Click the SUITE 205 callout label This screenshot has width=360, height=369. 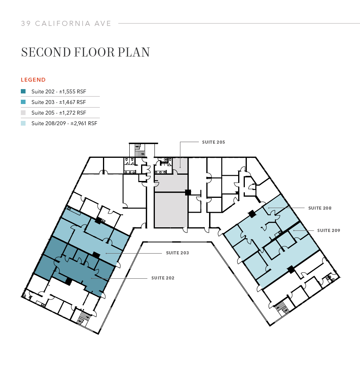pos(213,142)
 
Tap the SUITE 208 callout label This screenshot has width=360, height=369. pos(320,208)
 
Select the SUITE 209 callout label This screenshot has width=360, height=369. pos(329,230)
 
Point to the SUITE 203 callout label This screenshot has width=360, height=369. pos(177,253)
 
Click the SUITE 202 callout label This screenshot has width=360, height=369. pos(163,278)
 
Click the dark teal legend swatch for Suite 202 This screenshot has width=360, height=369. pos(24,91)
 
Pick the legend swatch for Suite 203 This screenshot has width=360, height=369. pos(24,102)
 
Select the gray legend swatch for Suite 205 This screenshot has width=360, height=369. pos(24,113)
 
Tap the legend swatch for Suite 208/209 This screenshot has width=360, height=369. pos(24,123)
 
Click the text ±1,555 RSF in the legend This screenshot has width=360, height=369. pos(72,91)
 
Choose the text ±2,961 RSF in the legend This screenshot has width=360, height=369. pos(83,123)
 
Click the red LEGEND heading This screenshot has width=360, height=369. pos(33,80)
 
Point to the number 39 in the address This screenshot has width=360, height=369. pos(26,24)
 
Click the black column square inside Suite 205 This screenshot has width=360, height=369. pos(188,192)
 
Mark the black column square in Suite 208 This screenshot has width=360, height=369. pos(251,214)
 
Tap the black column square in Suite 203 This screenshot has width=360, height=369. pos(96,255)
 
